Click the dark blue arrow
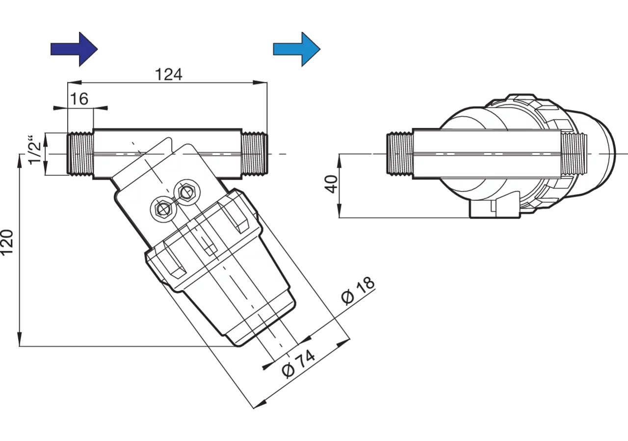coord(74,49)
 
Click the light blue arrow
coord(297,49)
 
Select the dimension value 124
coord(168,74)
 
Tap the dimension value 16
coord(79,99)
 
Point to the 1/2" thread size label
coord(36,150)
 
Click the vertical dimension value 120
coord(7,242)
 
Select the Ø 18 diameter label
coord(358,291)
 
